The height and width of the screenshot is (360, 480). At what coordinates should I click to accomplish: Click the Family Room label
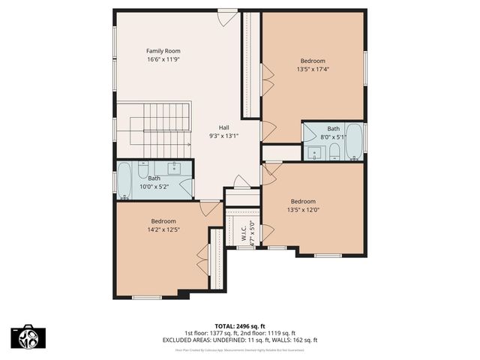pyautogui.click(x=163, y=50)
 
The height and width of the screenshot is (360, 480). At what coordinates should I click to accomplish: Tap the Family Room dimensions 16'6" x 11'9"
pyautogui.click(x=163, y=58)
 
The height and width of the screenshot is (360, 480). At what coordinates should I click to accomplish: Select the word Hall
pyautogui.click(x=224, y=127)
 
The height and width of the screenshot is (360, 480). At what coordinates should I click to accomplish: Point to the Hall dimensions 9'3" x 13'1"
pyautogui.click(x=224, y=136)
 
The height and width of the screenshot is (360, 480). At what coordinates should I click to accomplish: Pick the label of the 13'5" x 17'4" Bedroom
pyautogui.click(x=313, y=61)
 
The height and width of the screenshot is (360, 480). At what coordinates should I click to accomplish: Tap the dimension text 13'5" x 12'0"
pyautogui.click(x=303, y=209)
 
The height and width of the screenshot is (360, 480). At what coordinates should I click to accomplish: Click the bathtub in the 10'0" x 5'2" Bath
pyautogui.click(x=124, y=181)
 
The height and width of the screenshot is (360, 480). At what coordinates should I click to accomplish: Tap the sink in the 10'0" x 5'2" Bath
pyautogui.click(x=175, y=168)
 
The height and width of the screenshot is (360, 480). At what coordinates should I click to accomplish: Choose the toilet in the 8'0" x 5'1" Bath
pyautogui.click(x=334, y=152)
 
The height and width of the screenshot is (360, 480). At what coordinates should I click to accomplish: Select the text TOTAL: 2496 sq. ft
pyautogui.click(x=240, y=326)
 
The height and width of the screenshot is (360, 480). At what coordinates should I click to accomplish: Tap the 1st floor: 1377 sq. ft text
pyautogui.click(x=211, y=333)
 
